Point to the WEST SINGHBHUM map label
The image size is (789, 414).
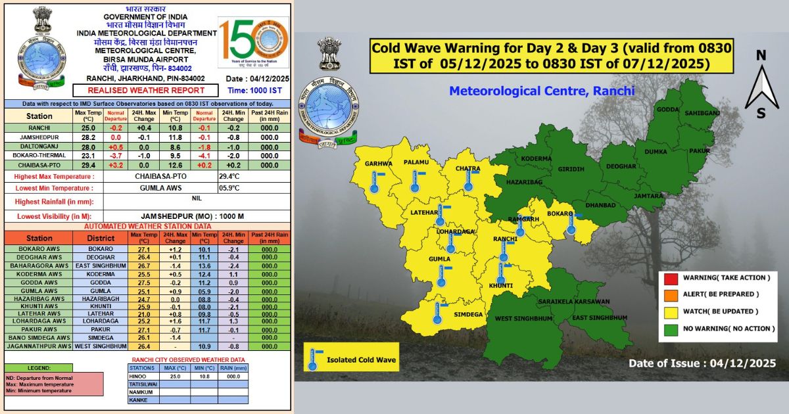[523, 319]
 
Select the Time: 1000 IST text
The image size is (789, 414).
[254, 90]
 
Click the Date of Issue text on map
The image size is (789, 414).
[702, 363]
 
